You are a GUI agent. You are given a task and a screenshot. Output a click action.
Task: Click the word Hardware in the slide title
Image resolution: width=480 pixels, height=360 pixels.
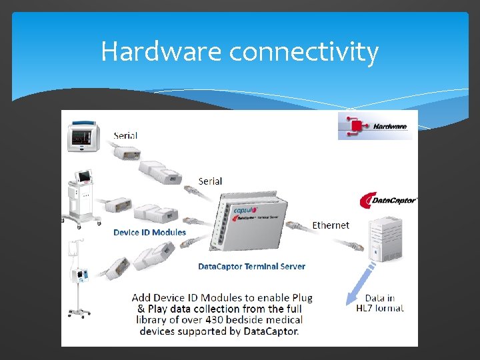coord(161,52)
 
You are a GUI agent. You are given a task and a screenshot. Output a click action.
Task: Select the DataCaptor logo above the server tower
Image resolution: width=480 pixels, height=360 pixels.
coord(388,199)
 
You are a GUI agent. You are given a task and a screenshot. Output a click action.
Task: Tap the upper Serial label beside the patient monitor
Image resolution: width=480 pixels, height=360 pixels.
coord(125,135)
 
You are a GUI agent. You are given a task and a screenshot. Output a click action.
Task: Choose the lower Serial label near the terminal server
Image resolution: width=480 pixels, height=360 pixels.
coord(210,181)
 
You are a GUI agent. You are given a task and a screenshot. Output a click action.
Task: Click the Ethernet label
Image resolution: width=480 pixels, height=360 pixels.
coord(331,225)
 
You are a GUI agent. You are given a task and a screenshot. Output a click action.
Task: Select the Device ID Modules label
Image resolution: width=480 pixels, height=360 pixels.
coord(149,232)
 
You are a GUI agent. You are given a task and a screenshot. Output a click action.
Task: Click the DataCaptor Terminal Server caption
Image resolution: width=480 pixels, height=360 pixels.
coord(251,266)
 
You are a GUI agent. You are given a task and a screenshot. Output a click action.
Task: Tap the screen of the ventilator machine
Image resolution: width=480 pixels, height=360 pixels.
coord(85,177)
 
